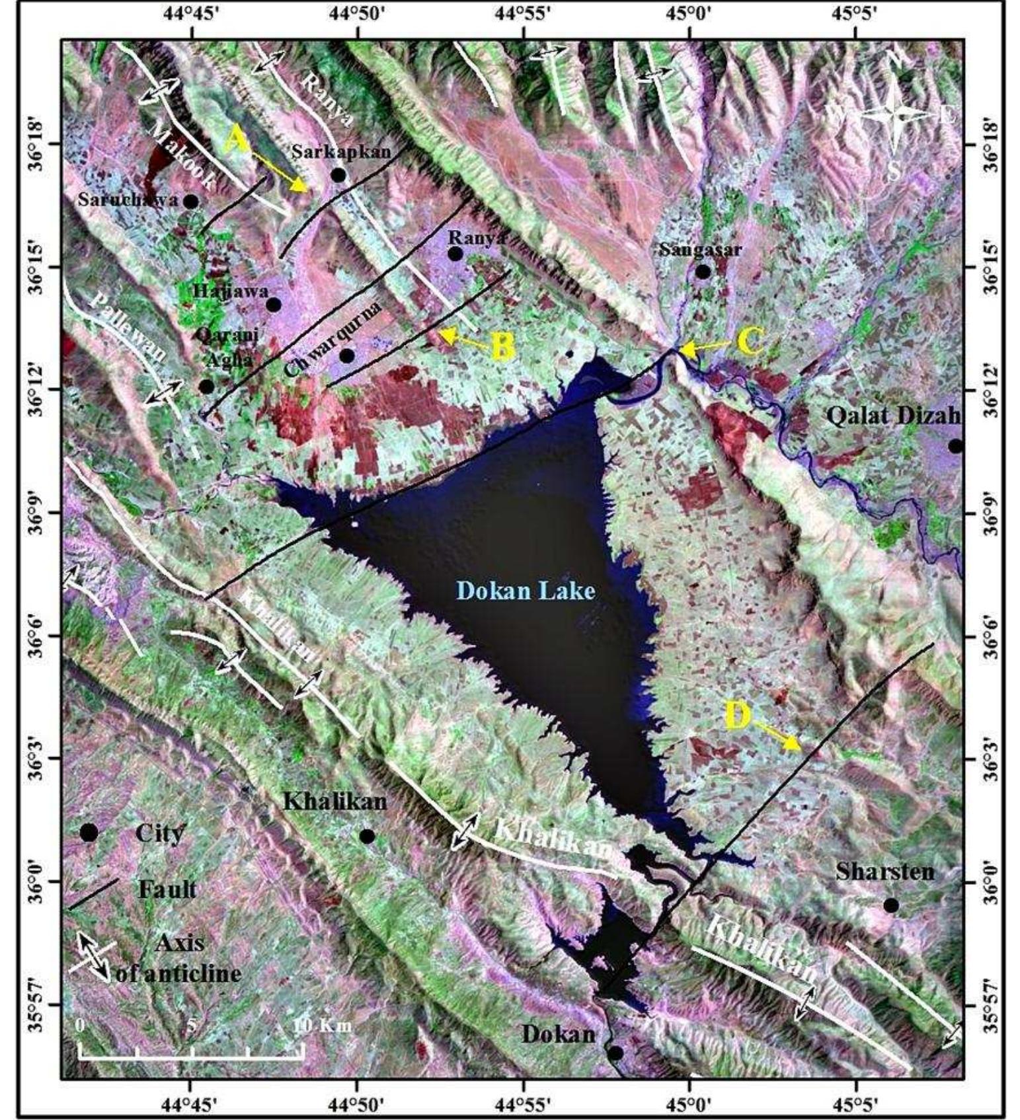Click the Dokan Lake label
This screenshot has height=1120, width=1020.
[x=526, y=590]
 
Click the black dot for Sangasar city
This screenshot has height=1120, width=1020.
[x=703, y=272]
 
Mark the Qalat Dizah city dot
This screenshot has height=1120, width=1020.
[x=955, y=446]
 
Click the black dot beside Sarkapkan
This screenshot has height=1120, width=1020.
[x=338, y=175]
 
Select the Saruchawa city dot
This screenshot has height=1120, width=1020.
[x=190, y=201]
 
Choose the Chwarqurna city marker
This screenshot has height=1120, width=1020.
[x=347, y=356]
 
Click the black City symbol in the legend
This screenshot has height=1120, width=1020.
[x=89, y=833]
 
